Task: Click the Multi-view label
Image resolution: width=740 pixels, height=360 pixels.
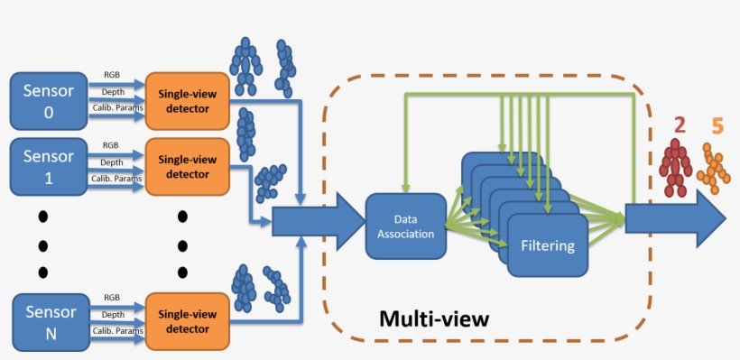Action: pyautogui.click(x=433, y=318)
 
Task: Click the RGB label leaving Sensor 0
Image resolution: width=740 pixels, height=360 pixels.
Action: pyautogui.click(x=111, y=76)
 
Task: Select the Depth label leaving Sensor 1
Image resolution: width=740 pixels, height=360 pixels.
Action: pyautogui.click(x=112, y=162)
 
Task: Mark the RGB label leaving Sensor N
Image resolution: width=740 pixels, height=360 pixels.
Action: pyautogui.click(x=112, y=297)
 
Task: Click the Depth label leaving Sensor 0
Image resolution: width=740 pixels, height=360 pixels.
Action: pyautogui.click(x=112, y=93)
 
